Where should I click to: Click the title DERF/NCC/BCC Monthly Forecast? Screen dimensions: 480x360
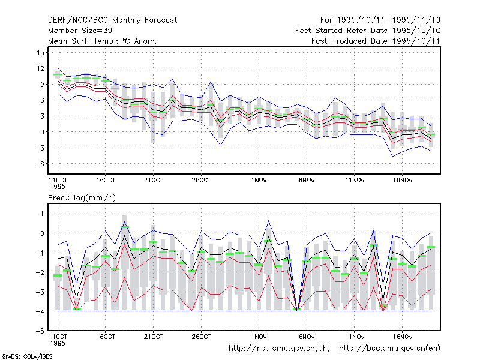coord(112,20)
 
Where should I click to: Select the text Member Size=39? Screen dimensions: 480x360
coord(80,31)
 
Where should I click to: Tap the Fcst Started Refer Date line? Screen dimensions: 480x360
coord(368,31)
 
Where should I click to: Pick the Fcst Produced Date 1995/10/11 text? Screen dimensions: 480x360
coord(376,41)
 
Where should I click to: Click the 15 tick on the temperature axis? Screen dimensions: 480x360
coord(40,53)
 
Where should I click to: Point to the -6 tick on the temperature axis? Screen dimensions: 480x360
coord(40,164)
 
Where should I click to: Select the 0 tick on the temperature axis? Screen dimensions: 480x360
coord(42,132)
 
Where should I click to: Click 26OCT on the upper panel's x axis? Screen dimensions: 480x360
coord(201,181)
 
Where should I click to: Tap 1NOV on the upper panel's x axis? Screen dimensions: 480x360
coord(259,181)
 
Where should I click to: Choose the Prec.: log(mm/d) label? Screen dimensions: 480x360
coord(82,198)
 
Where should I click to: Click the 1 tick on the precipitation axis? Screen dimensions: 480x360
coord(42,214)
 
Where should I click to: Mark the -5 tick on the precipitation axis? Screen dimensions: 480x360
coord(40,331)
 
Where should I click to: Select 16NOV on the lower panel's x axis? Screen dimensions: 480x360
coord(402,337)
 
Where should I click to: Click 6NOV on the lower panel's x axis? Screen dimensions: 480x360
coord(307,337)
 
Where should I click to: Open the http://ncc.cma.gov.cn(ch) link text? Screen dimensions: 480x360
coord(279,349)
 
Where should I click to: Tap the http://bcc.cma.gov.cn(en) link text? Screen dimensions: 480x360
coord(389,349)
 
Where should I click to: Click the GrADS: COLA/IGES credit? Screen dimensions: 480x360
coord(27,356)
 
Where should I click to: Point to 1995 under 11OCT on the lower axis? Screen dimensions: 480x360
coord(58,343)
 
